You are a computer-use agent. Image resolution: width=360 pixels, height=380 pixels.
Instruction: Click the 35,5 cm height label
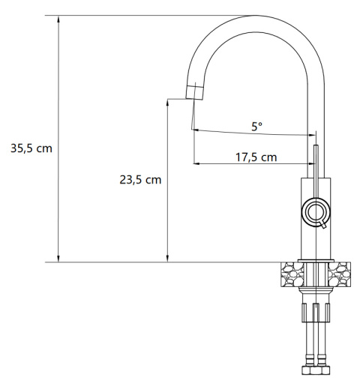tap(31, 148)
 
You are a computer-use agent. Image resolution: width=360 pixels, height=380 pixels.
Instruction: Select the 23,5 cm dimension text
tap(140, 180)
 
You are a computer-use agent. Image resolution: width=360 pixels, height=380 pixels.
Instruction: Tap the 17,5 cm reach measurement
tap(256, 157)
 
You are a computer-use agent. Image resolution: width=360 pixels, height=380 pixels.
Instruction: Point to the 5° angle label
tap(256, 127)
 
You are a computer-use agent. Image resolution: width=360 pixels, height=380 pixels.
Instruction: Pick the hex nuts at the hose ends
tap(315, 370)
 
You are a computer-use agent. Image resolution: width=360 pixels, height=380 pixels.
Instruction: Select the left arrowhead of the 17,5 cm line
tap(196, 164)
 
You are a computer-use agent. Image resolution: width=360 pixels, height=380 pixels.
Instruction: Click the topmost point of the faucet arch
tap(254, 16)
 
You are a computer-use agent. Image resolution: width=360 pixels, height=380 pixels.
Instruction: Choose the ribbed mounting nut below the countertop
tap(315, 311)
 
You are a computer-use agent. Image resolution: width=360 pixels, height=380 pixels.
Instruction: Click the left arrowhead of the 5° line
tap(196, 130)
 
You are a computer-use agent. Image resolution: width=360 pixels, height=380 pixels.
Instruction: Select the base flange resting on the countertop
tap(315, 261)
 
